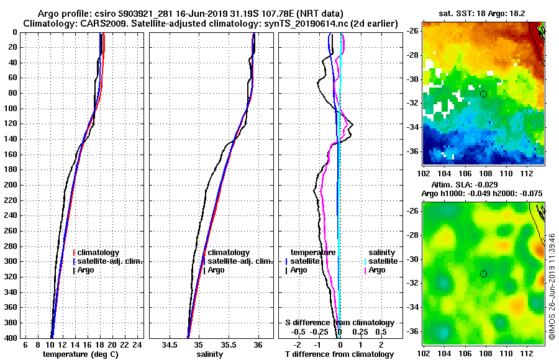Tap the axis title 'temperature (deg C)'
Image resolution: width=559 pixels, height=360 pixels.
tap(80, 354)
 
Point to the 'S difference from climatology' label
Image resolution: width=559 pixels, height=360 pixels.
tap(340, 323)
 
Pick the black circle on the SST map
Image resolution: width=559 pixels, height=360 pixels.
tap(483, 94)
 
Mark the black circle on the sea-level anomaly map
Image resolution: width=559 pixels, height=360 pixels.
tap(483, 274)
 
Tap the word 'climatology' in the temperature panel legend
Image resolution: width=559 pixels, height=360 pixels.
tap(99, 253)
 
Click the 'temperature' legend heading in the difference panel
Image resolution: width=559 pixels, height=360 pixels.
tap(314, 253)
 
